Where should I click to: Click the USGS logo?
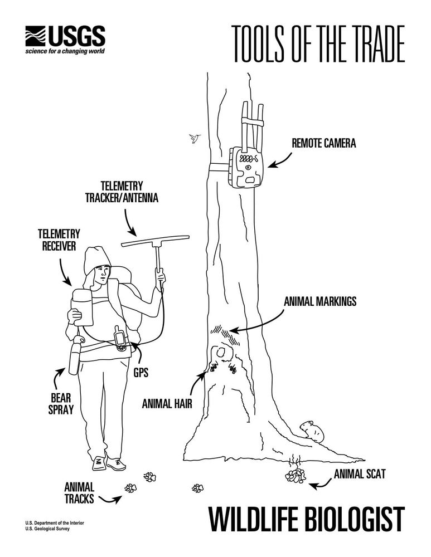[65, 40]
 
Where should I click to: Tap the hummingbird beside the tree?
[195, 138]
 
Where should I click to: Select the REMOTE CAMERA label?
[323, 143]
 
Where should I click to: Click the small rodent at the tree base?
[312, 431]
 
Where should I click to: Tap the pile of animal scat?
[296, 476]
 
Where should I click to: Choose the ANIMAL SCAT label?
[360, 474]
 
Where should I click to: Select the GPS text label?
[141, 372]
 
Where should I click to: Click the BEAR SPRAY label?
[61, 403]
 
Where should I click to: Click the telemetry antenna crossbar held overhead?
[155, 240]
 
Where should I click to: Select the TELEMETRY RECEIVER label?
[59, 240]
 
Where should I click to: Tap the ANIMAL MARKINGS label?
[320, 301]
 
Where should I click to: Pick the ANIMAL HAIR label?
[167, 403]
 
